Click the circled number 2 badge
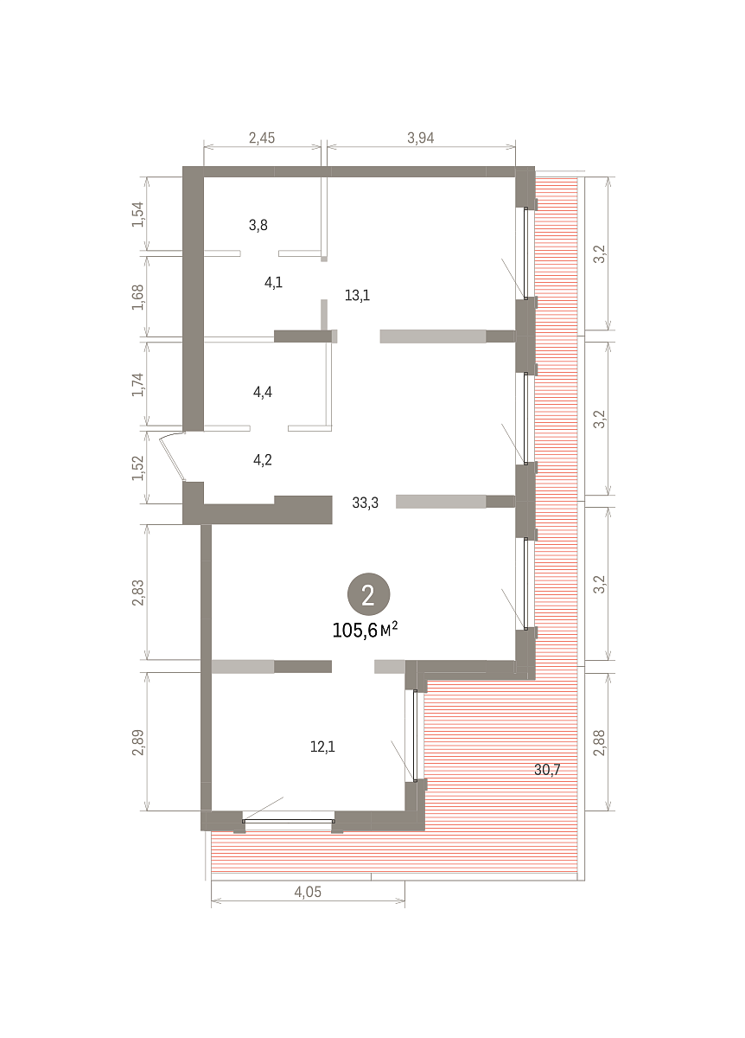pyautogui.click(x=368, y=594)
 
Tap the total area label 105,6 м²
pyautogui.click(x=365, y=631)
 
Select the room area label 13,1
pyautogui.click(x=357, y=295)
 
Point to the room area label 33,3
pyautogui.click(x=365, y=503)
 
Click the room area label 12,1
pyautogui.click(x=322, y=746)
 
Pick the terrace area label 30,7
pyautogui.click(x=547, y=770)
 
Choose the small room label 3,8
pyautogui.click(x=258, y=225)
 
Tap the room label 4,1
pyautogui.click(x=273, y=282)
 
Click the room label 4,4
pyautogui.click(x=263, y=393)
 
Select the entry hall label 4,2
pyautogui.click(x=263, y=460)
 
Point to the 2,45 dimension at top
pyautogui.click(x=262, y=138)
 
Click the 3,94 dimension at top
pyautogui.click(x=420, y=138)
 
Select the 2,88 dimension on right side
pyautogui.click(x=599, y=742)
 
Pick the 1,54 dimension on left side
pyautogui.click(x=138, y=215)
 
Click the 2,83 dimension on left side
pyautogui.click(x=138, y=593)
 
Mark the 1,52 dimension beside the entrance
pyautogui.click(x=138, y=468)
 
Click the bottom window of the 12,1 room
pyautogui.click(x=289, y=821)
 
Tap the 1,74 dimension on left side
pyautogui.click(x=138, y=384)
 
